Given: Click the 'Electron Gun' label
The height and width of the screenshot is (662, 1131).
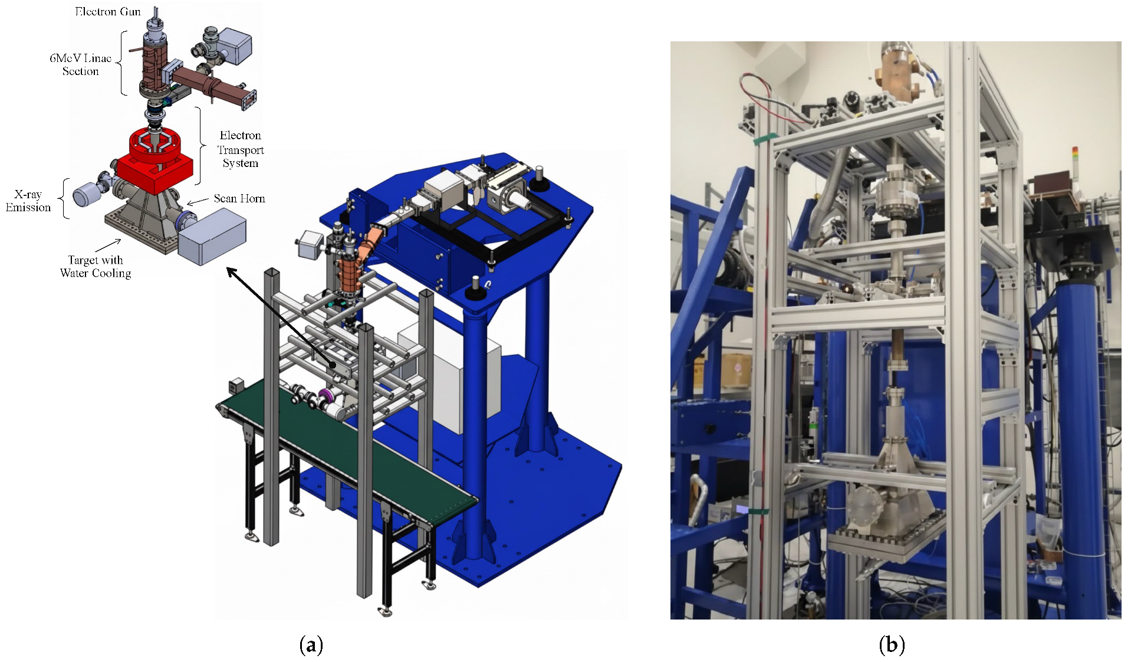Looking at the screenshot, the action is [x=108, y=11].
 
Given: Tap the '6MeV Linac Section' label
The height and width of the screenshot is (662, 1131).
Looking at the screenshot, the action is [x=81, y=64].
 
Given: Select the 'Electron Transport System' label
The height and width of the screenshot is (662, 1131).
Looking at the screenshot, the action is [x=241, y=149].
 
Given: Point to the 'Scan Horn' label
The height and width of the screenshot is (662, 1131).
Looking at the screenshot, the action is [x=239, y=198].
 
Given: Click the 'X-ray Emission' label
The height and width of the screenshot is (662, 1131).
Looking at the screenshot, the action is [x=28, y=201].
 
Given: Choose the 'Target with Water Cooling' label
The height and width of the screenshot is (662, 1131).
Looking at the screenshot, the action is [x=96, y=266].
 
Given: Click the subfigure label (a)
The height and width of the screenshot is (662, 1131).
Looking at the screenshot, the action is [x=311, y=644].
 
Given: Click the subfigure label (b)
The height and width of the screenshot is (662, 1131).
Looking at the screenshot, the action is [x=892, y=644].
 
